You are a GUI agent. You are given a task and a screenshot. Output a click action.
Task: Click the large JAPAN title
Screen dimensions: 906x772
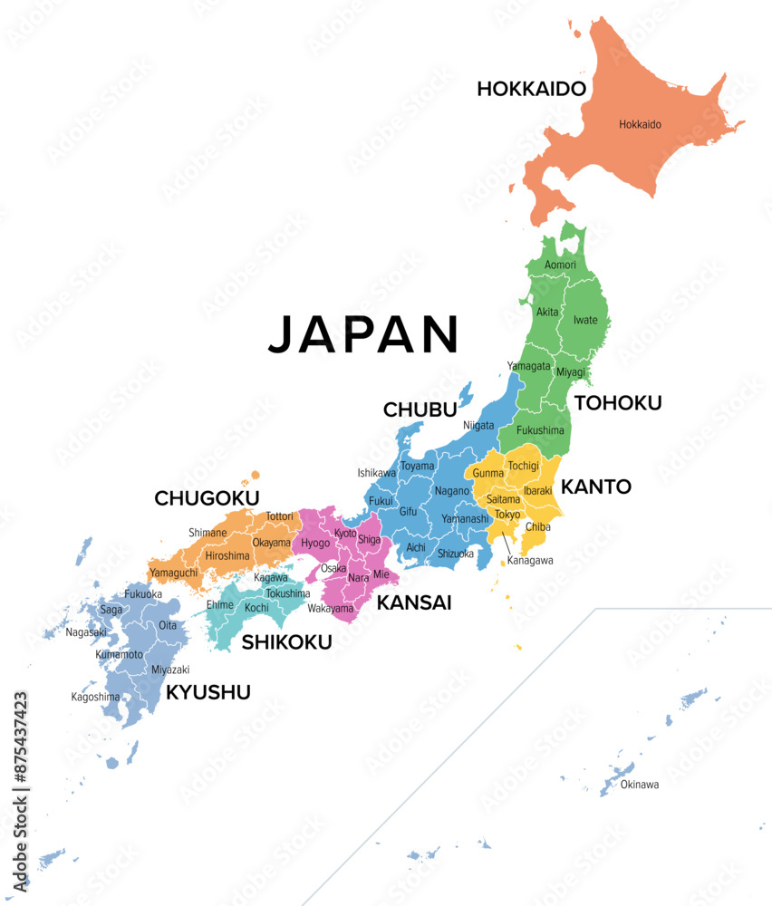(x=363, y=334)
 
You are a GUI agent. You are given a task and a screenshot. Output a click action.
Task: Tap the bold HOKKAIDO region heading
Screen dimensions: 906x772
(x=532, y=89)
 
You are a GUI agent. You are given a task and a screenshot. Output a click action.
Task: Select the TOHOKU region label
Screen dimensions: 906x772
(x=619, y=403)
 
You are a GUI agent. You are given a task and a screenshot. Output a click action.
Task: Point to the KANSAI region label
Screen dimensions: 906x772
(x=414, y=602)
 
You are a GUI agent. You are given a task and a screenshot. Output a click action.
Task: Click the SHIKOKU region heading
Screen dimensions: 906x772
(x=286, y=642)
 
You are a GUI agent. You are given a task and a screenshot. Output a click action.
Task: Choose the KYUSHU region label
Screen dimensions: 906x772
(x=207, y=693)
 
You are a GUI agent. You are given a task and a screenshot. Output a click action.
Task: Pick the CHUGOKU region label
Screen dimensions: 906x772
(x=207, y=498)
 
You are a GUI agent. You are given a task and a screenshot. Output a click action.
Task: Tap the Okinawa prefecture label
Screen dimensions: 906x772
(x=640, y=785)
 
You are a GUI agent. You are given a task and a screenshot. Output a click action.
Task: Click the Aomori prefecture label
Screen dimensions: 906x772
(x=560, y=265)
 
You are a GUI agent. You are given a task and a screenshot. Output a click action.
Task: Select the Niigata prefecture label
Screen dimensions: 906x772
(x=478, y=425)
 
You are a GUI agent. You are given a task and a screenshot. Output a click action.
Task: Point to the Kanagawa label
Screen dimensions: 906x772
(x=530, y=561)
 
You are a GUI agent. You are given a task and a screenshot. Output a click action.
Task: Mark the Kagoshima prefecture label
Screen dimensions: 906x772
(x=96, y=697)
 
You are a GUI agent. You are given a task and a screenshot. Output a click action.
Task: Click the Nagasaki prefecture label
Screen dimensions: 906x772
(x=86, y=632)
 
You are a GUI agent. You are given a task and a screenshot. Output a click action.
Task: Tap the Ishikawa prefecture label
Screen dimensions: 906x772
(x=377, y=473)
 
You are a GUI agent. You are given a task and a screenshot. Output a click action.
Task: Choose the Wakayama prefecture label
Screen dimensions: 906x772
(x=331, y=609)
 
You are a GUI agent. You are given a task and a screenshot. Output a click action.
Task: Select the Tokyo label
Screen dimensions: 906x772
(x=507, y=515)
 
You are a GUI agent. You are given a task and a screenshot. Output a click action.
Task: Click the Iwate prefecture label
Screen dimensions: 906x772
(x=585, y=320)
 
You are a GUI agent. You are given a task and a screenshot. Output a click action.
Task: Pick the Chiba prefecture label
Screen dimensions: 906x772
(x=538, y=526)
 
